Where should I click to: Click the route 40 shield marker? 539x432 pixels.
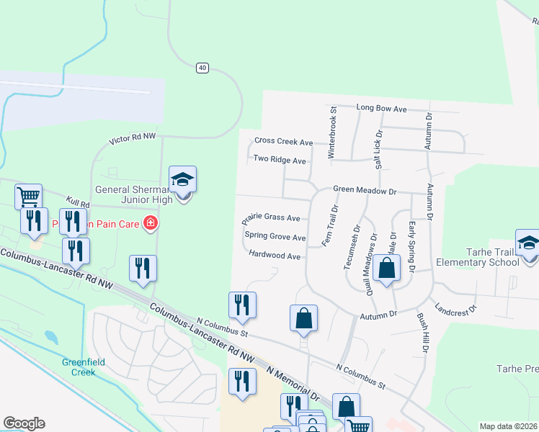[x=202, y=68]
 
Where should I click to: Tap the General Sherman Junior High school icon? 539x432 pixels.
[x=183, y=180]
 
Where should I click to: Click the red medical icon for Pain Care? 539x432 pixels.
[x=150, y=224]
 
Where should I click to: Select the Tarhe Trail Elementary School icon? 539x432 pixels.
[x=528, y=243]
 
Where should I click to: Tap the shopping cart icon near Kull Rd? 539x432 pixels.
[x=28, y=196]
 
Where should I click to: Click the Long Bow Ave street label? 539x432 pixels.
[x=382, y=108]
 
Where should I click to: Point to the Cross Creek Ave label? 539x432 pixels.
[x=283, y=142]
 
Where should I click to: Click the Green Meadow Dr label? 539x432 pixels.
[x=365, y=190]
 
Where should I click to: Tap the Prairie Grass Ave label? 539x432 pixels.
[x=272, y=217]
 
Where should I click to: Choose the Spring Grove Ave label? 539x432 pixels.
[x=275, y=236]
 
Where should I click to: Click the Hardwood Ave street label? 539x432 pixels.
[x=274, y=255]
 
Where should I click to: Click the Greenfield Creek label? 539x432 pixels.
[x=79, y=367]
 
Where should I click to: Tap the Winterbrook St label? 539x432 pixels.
[x=333, y=132]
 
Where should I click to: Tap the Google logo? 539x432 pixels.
[x=24, y=423]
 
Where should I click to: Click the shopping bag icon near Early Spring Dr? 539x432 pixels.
[x=387, y=269]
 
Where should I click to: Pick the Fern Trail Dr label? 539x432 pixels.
[x=331, y=226]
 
